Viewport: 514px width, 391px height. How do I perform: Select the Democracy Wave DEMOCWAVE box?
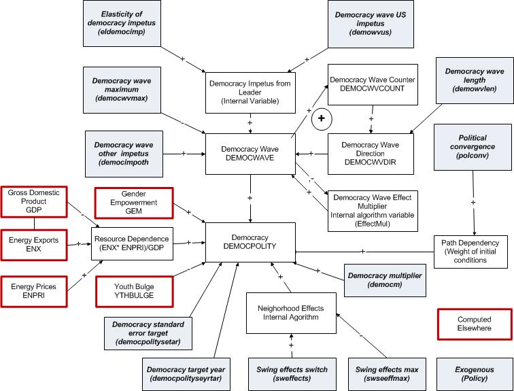251,152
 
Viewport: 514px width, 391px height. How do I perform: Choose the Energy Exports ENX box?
33,245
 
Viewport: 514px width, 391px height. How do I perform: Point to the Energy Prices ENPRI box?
33,292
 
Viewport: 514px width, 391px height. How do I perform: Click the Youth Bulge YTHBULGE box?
133,291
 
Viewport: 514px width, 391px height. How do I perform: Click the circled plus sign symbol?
321,118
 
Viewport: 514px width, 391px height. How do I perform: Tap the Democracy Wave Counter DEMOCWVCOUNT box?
371,84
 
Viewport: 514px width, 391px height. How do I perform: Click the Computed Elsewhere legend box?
473,324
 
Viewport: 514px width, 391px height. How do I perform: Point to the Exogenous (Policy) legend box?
473,372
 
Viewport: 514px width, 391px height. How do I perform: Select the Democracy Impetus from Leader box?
250,92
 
